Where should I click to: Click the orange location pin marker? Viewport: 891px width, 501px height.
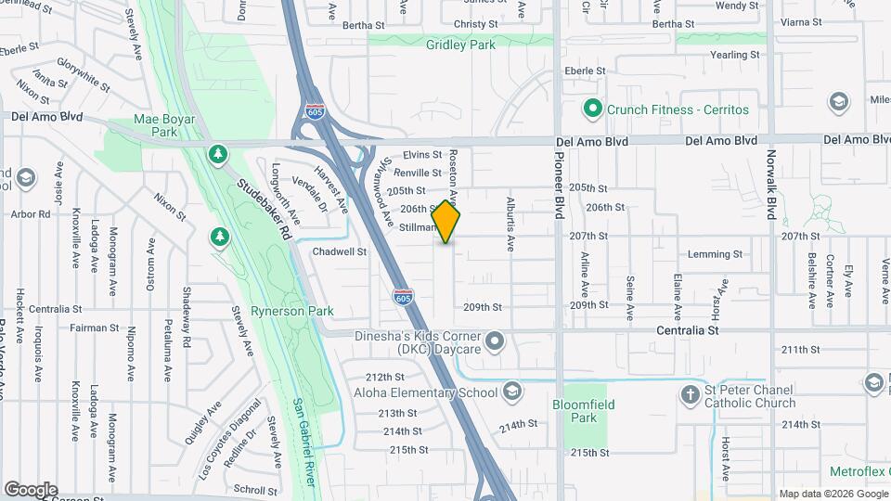pyautogui.click(x=446, y=222)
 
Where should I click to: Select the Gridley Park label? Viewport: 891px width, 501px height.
pyautogui.click(x=451, y=45)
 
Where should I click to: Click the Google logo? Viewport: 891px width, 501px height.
pyautogui.click(x=31, y=490)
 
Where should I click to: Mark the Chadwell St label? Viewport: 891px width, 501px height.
pyautogui.click(x=340, y=251)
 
